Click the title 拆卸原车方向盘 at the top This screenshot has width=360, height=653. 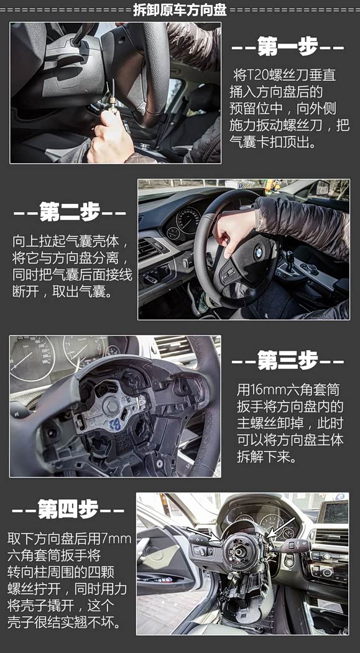180,9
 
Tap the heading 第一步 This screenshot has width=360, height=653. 288,46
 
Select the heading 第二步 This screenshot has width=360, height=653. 70,211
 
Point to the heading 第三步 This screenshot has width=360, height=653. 288,360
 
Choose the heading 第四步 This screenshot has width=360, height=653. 68,509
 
